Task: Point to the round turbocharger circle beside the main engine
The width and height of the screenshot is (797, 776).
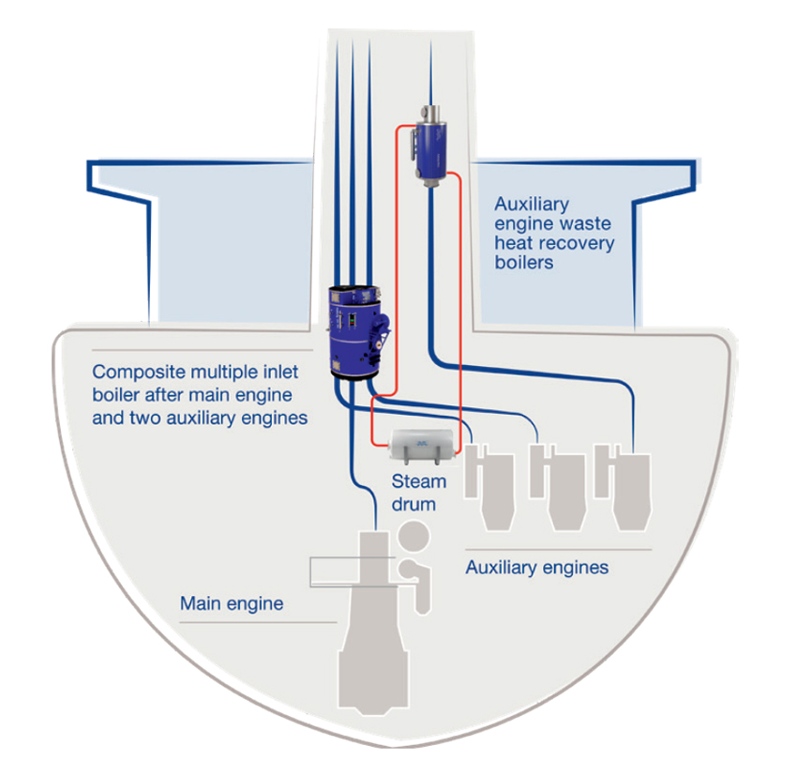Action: tap(413, 539)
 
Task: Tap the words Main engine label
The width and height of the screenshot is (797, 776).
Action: tap(231, 603)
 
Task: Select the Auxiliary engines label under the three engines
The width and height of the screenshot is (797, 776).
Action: tap(537, 567)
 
